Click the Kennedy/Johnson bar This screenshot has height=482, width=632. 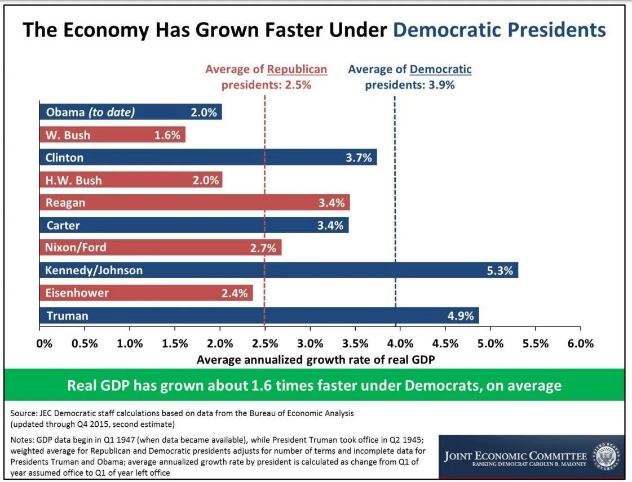pyautogui.click(x=279, y=270)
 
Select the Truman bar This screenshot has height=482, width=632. pyautogui.click(x=259, y=315)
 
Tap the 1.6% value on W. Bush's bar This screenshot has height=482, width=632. pyautogui.click(x=167, y=135)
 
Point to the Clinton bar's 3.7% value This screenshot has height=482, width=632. pyautogui.click(x=359, y=158)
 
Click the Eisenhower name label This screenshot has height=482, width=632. pyautogui.click(x=77, y=293)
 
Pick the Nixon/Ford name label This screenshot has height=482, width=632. pyautogui.click(x=76, y=248)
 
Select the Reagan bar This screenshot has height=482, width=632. pyautogui.click(x=195, y=203)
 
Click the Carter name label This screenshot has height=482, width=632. pyautogui.click(x=63, y=225)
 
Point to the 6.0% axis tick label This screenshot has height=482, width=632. pyautogui.click(x=581, y=343)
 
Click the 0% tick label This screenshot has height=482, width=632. pyautogui.click(x=44, y=343)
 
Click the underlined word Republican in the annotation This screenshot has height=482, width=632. pyautogui.click(x=297, y=69)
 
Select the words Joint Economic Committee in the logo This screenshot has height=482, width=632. pyautogui.click(x=515, y=456)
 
